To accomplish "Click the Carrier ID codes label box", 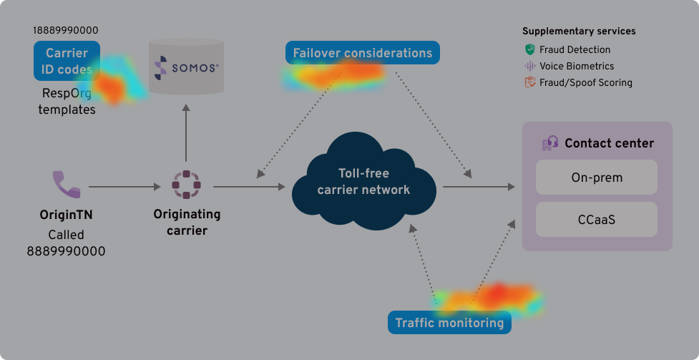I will (67, 61).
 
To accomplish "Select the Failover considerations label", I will (362, 53).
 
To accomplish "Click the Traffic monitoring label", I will (449, 323).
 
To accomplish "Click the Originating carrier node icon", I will (185, 185).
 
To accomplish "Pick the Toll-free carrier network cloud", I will (363, 182).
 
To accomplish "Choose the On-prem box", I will (597, 177).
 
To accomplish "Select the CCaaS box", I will (597, 219).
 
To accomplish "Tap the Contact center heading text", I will (609, 143).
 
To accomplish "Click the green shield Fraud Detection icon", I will (529, 50).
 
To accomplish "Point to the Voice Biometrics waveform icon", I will (529, 66).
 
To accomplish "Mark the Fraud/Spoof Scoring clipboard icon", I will (529, 82).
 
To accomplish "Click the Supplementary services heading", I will (579, 31).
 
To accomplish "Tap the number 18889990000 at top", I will (66, 31).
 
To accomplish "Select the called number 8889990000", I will (66, 251).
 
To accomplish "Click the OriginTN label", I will (66, 215).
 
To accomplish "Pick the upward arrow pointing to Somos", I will (185, 132).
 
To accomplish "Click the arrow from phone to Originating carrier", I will (125, 188).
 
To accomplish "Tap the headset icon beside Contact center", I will (549, 143).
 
